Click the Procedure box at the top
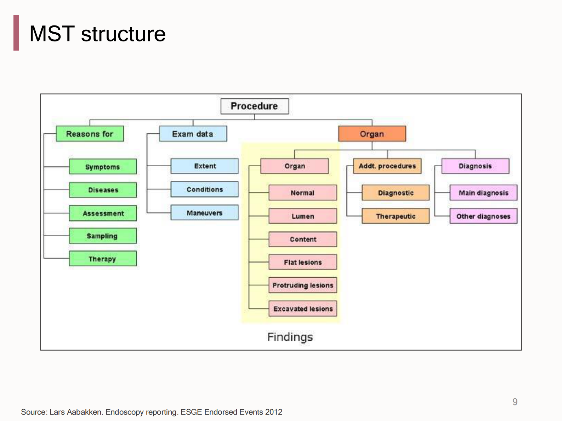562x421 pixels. click(x=254, y=106)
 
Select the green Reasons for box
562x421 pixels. click(x=90, y=134)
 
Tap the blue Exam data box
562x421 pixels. click(x=193, y=134)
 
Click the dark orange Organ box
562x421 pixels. click(x=372, y=134)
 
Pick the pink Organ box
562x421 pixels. click(x=295, y=166)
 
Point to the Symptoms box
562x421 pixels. click(x=103, y=167)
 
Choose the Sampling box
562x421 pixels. click(x=103, y=236)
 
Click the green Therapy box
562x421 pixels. click(x=103, y=259)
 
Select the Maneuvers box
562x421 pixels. click(x=204, y=213)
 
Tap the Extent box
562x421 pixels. click(x=204, y=166)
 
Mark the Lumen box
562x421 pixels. click(x=303, y=216)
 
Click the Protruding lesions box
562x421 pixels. click(x=303, y=285)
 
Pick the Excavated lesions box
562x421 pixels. click(x=303, y=308)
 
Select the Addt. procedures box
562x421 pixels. click(x=387, y=166)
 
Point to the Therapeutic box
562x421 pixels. click(x=396, y=216)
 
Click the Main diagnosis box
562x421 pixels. click(x=483, y=193)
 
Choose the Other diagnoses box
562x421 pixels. click(x=483, y=216)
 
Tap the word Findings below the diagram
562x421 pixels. click(x=290, y=337)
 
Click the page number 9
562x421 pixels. click(x=515, y=402)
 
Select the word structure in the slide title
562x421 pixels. click(x=123, y=34)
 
